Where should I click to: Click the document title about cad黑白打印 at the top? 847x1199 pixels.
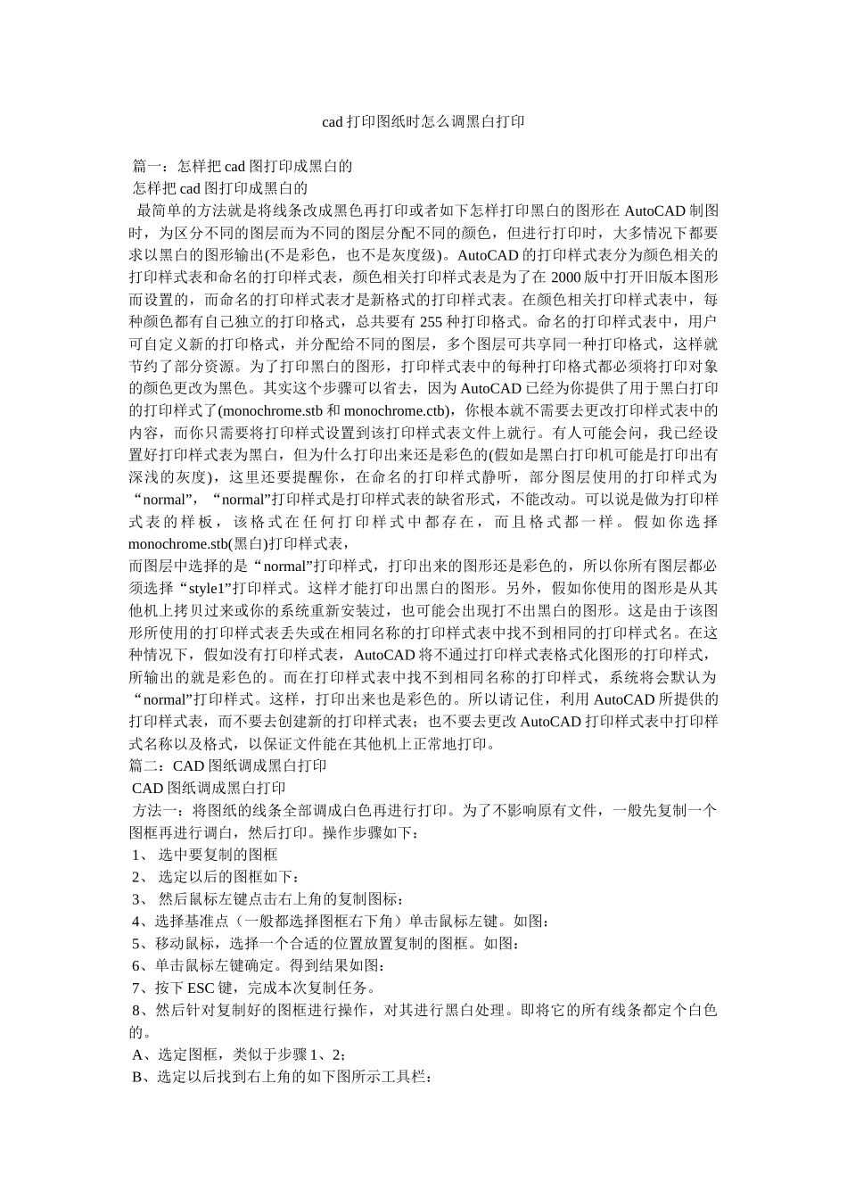pyautogui.click(x=423, y=121)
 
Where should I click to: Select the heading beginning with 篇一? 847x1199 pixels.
pyautogui.click(x=243, y=166)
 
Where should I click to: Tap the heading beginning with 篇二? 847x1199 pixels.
pyautogui.click(x=228, y=765)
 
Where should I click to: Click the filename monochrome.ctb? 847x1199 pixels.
pyautogui.click(x=393, y=410)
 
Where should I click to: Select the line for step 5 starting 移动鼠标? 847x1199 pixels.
pyautogui.click(x=325, y=943)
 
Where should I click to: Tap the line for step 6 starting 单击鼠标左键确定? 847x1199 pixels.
pyautogui.click(x=259, y=965)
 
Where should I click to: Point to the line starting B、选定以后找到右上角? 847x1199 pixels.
pyautogui.click(x=282, y=1078)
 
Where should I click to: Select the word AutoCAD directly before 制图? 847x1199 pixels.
pyautogui.click(x=654, y=211)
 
